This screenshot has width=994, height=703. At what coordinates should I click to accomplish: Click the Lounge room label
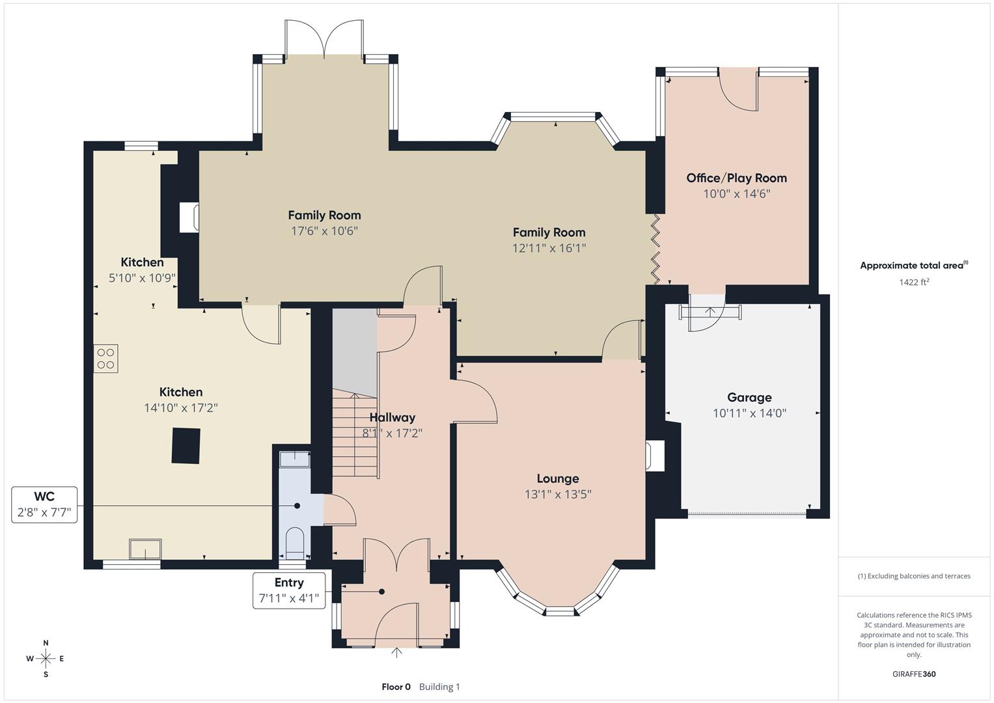point(557,478)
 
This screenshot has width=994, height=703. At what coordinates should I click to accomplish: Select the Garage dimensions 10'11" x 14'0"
point(749,413)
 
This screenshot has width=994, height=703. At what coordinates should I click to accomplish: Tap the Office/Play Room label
point(736,178)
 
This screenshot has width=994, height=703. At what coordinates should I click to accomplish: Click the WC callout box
point(44,504)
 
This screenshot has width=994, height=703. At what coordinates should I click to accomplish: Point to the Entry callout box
point(288,590)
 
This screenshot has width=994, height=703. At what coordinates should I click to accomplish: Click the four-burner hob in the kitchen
point(105,359)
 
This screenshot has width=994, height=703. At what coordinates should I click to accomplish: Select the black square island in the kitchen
point(186,446)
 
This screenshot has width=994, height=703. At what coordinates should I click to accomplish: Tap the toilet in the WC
point(295,542)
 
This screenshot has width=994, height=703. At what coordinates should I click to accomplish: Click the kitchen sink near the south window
point(145,549)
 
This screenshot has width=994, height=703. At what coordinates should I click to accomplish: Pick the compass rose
point(46,659)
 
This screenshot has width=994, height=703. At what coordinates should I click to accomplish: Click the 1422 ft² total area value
point(913,282)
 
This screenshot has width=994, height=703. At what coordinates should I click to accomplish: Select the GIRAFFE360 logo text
point(914,674)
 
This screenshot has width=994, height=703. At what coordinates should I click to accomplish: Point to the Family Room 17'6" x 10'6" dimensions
point(324,231)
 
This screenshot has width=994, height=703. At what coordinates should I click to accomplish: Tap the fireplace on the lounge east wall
point(654,455)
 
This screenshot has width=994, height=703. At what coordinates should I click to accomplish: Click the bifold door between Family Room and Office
point(656,249)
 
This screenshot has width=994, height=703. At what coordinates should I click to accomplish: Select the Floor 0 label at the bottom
point(396,687)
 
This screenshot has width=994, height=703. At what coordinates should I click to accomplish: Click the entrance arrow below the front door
point(396,652)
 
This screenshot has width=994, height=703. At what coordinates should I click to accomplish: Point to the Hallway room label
point(392,417)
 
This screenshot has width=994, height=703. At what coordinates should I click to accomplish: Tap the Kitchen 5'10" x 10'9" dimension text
point(142,278)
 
